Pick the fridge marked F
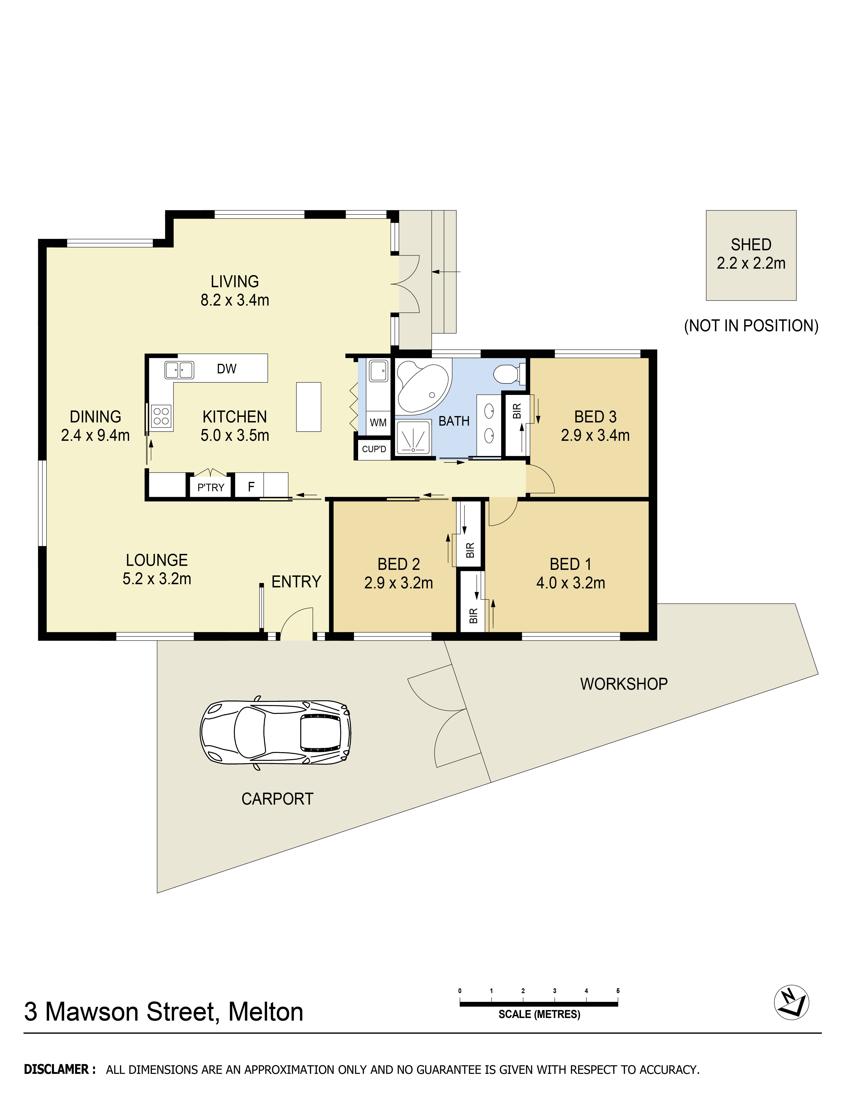click(251, 486)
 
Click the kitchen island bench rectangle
click(308, 407)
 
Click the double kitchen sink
click(179, 370)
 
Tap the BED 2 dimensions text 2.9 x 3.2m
click(398, 583)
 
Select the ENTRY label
click(296, 582)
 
